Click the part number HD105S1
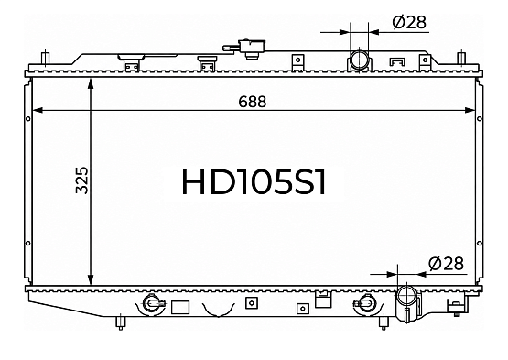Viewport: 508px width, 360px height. click(254, 182)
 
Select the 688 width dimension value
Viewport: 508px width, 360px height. click(253, 102)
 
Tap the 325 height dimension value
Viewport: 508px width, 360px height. click(81, 180)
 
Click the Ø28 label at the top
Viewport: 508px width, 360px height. click(409, 23)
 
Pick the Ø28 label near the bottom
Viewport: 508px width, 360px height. click(446, 264)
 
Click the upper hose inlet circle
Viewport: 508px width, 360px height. click(360, 60)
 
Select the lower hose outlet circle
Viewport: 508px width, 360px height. click(406, 295)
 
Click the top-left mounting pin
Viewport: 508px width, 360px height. click(46, 58)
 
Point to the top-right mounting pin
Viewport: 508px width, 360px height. click(460, 58)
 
